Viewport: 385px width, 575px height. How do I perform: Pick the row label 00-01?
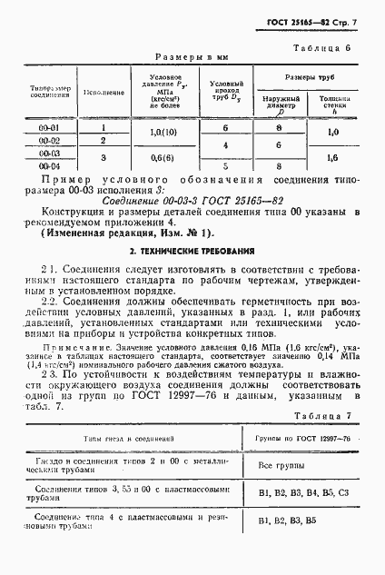50,128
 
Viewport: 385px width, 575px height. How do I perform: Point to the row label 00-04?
50,166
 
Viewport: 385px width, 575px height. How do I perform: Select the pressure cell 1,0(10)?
171,134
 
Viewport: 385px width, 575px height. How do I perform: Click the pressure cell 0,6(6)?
171,160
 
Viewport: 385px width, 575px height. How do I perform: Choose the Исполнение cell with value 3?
104,156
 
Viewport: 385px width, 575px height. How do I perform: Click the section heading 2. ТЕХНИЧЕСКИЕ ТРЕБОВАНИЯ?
191,250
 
